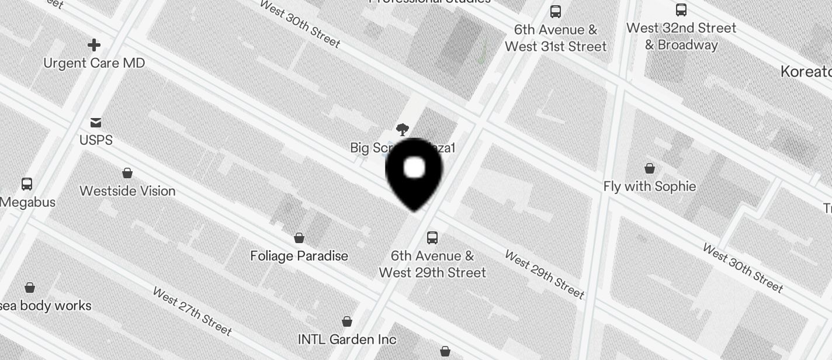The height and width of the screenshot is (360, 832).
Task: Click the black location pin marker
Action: coord(414,173)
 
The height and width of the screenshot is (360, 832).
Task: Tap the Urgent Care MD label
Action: coord(94,63)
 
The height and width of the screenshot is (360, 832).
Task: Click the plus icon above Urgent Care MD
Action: coord(94,45)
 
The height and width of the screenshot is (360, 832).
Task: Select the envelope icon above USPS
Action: coord(96,122)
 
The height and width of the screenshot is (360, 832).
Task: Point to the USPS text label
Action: coord(96,140)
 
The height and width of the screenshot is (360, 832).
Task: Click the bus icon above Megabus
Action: coord(27,184)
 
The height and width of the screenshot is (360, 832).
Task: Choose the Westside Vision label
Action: coord(127,191)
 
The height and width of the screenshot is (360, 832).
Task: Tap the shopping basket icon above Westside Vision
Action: coord(127,173)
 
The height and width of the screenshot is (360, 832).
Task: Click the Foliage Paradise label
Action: coord(299,256)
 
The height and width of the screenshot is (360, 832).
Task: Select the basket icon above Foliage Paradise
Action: coord(299,238)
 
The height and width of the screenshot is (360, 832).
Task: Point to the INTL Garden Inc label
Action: coord(347,340)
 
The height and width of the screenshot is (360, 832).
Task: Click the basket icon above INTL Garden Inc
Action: coord(347,321)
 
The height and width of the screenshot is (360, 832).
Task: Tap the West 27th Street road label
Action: coord(192,311)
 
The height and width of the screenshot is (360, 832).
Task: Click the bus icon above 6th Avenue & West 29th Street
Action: coord(432,238)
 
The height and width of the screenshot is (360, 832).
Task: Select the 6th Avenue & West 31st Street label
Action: coord(556,38)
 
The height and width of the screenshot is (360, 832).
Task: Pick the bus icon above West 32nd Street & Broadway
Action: coord(681,10)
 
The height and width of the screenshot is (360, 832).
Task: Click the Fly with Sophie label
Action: coord(650,186)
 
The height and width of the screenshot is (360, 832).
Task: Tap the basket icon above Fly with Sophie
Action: coord(650,168)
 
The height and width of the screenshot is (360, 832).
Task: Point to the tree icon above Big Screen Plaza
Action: coord(402,129)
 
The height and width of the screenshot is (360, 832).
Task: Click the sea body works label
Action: coord(47,306)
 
